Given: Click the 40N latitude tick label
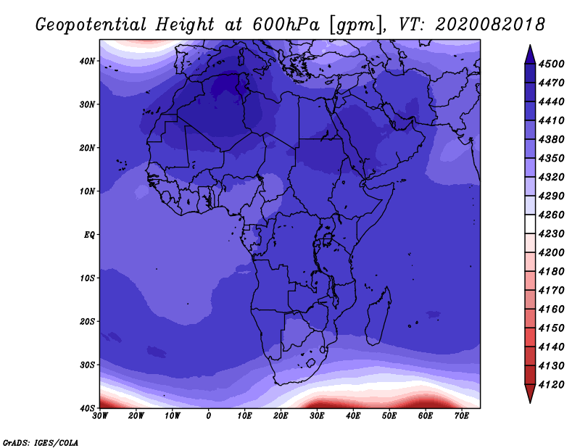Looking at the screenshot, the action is pyautogui.click(x=87, y=61).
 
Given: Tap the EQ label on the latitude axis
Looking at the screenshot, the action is pyautogui.click(x=89, y=235).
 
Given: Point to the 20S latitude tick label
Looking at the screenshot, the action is pyautogui.click(x=87, y=322).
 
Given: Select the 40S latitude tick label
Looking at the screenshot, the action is pyautogui.click(x=87, y=408).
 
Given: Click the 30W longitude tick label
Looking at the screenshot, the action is pyautogui.click(x=100, y=416).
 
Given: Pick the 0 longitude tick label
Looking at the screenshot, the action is pyautogui.click(x=209, y=416).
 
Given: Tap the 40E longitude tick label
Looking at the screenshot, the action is pyautogui.click(x=353, y=416).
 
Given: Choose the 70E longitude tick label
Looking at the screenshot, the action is pyautogui.click(x=462, y=416).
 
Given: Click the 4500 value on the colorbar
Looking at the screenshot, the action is pyautogui.click(x=552, y=64).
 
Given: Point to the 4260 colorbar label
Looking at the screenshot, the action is pyautogui.click(x=552, y=215).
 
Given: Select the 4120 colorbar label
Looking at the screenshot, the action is pyautogui.click(x=552, y=385).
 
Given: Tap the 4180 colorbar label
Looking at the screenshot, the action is pyautogui.click(x=552, y=272).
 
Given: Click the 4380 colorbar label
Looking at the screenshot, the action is pyautogui.click(x=552, y=139).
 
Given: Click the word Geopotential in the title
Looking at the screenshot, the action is pyautogui.click(x=91, y=25).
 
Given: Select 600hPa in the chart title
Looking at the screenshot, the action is pyautogui.click(x=286, y=25).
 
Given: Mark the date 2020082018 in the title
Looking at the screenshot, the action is pyautogui.click(x=490, y=25).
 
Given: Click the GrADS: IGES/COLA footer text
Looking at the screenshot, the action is pyautogui.click(x=41, y=443).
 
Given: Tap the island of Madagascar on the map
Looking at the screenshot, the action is pyautogui.click(x=378, y=316).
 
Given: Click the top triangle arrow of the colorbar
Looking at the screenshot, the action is pyautogui.click(x=530, y=54).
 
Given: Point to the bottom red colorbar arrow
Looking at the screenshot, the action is pyautogui.click(x=530, y=394).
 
